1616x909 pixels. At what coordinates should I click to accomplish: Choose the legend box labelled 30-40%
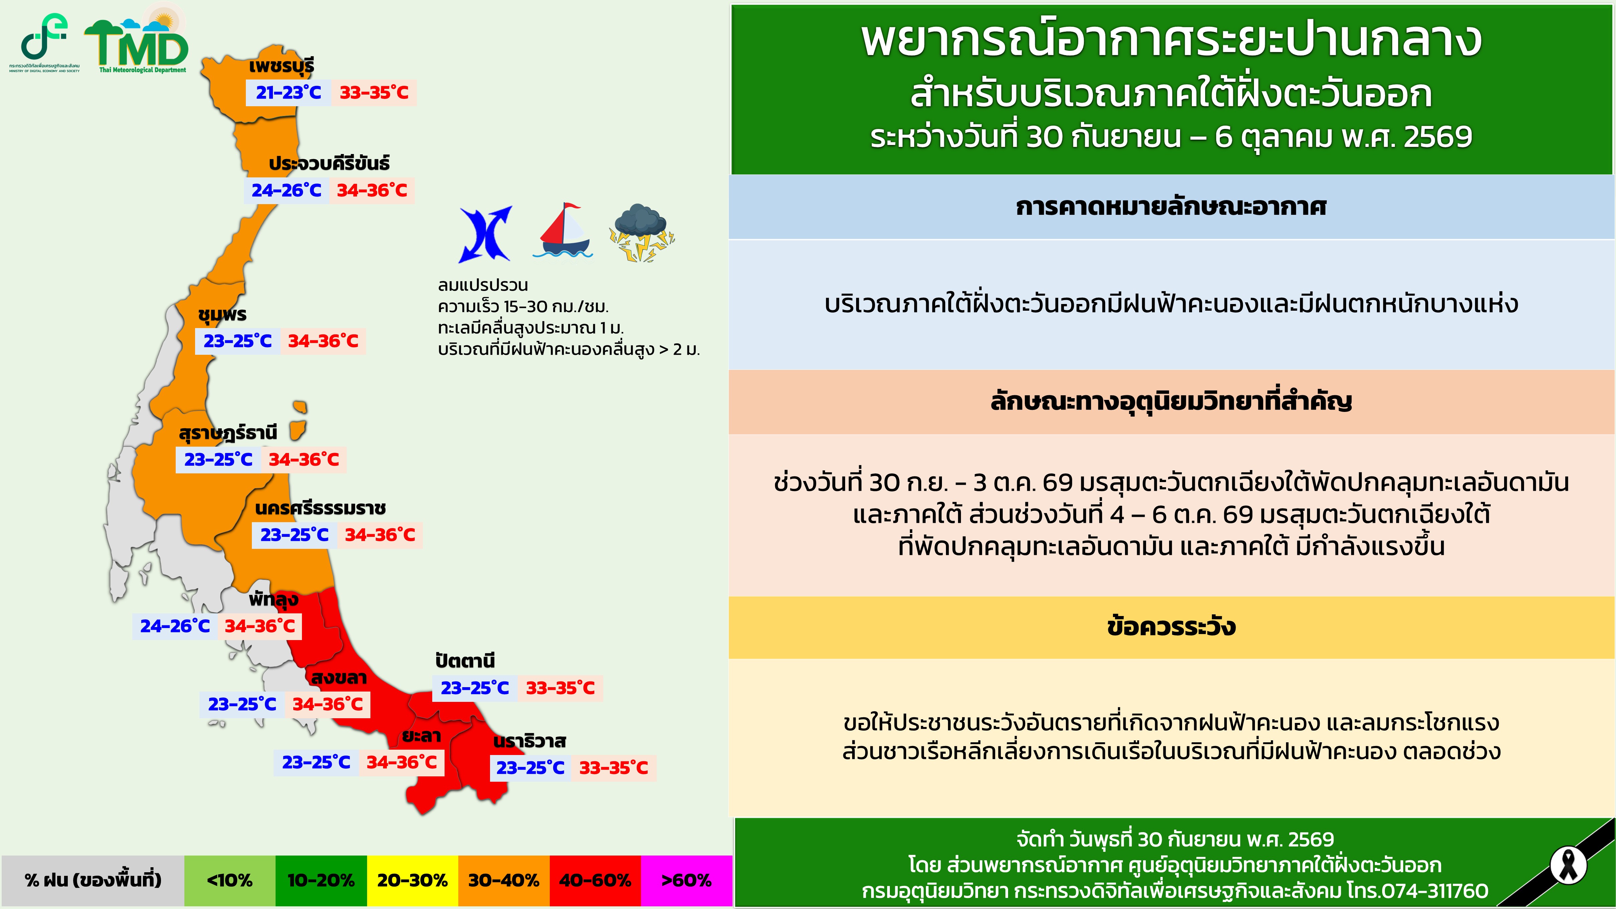click(x=504, y=881)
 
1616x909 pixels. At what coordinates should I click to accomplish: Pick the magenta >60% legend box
click(x=686, y=881)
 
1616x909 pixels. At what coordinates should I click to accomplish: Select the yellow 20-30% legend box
click(x=412, y=881)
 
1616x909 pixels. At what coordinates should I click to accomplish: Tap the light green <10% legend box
click(x=229, y=881)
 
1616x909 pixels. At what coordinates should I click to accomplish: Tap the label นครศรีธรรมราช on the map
click(x=320, y=508)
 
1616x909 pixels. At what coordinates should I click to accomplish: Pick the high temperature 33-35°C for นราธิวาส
click(x=614, y=768)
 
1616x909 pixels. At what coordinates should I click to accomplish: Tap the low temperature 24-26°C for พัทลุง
click(x=175, y=626)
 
